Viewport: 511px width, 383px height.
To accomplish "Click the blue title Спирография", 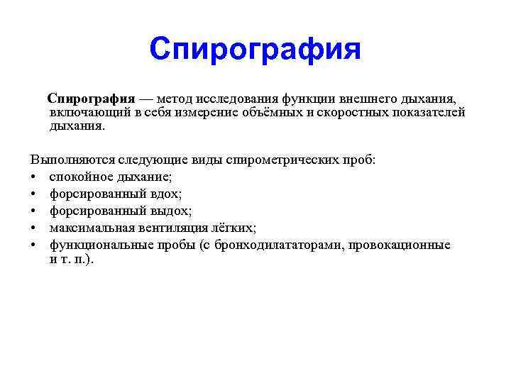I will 255,50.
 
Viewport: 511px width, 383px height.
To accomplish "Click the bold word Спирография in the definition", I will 91,97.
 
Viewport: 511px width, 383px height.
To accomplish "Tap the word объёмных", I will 262,112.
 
